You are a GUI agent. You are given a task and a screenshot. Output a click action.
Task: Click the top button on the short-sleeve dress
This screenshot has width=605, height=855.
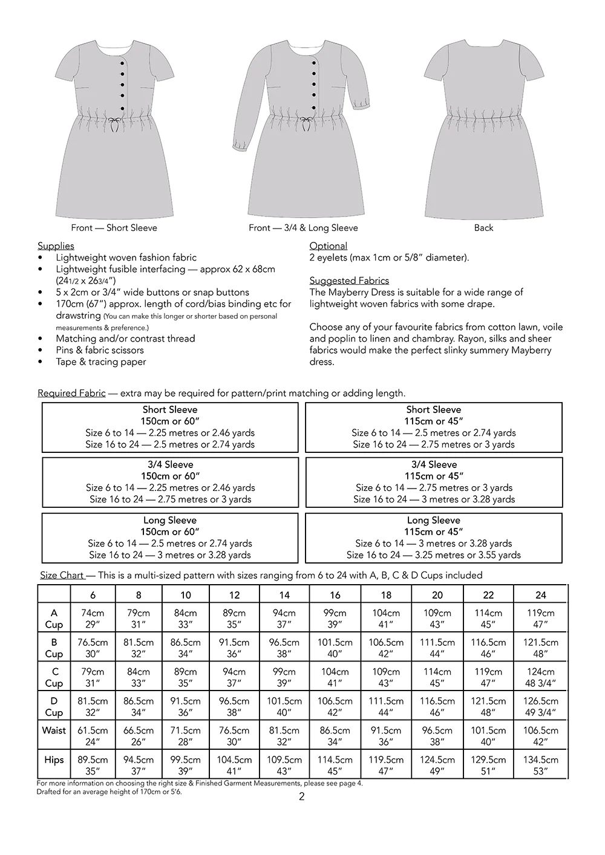pos(122,63)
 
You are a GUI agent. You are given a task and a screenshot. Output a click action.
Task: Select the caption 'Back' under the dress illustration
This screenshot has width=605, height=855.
pos(483,228)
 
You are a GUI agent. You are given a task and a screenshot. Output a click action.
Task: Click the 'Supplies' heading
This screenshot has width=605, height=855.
pos(56,246)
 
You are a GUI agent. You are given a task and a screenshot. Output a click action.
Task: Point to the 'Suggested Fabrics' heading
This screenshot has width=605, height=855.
pos(349,281)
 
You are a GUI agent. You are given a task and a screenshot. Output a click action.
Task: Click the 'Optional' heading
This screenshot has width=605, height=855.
pos(328,246)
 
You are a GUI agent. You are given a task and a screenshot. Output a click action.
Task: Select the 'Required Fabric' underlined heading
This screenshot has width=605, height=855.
pos(71,394)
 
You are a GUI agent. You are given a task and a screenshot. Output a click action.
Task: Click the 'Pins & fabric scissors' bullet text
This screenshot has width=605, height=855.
pos(100,350)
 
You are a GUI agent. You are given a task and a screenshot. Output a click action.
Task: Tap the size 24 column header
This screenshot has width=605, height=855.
pos(540,595)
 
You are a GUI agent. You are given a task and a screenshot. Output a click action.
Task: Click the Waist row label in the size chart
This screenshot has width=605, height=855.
pos(54,730)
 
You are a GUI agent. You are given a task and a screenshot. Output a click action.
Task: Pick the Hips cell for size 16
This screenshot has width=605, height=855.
pos(335,766)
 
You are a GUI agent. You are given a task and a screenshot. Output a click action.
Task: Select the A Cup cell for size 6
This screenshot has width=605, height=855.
pos(93,619)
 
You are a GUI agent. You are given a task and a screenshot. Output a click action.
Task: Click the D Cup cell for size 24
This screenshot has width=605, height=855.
pos(540,707)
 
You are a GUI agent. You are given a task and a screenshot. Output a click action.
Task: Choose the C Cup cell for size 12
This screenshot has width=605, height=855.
pos(234,677)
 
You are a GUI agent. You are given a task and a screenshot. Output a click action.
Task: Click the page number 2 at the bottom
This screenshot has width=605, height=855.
pos(302,796)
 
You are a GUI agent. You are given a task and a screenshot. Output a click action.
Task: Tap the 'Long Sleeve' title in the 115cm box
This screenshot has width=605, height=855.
pos(433,521)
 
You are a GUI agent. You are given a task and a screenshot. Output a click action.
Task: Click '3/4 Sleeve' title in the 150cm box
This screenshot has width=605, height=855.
pos(170,465)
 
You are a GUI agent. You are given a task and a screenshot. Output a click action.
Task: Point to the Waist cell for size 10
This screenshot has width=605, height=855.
pos(185,736)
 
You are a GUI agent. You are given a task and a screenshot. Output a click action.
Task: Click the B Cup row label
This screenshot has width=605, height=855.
pos(54,648)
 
